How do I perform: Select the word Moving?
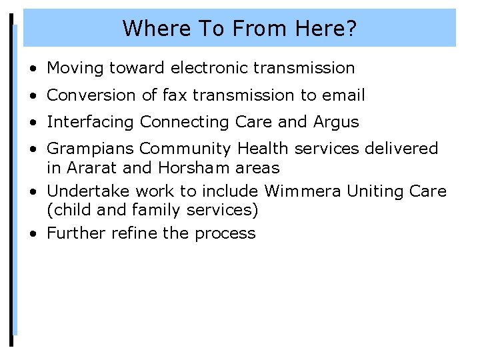75,68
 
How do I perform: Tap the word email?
343,95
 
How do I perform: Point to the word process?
225,233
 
